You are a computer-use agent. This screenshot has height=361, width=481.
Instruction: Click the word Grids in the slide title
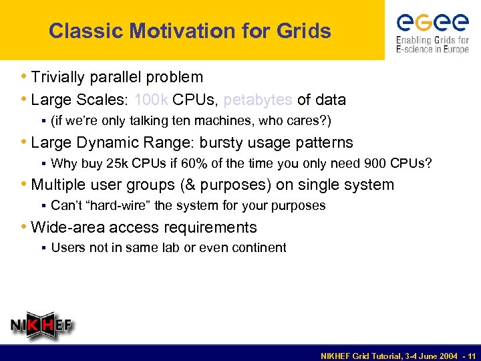pyautogui.click(x=305, y=31)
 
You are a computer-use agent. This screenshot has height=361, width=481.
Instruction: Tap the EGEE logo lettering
pyautogui.click(x=432, y=23)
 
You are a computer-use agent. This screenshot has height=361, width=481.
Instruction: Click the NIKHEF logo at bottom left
pyautogui.click(x=41, y=326)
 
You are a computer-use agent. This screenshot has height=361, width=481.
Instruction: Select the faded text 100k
pyautogui.click(x=151, y=100)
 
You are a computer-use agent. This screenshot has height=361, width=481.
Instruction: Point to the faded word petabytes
pyautogui.click(x=258, y=100)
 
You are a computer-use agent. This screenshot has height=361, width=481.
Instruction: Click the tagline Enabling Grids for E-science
pyautogui.click(x=432, y=45)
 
